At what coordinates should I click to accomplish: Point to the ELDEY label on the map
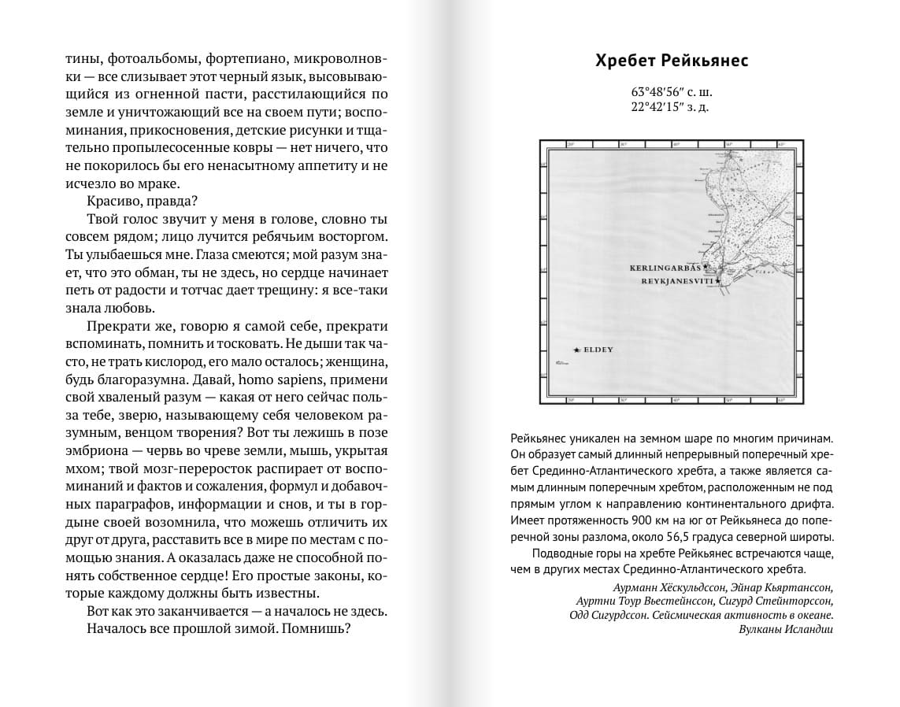(x=599, y=349)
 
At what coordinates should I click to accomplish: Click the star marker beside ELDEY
(x=577, y=349)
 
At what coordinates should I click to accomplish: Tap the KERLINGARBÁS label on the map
(x=665, y=268)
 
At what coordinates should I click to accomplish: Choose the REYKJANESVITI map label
(x=676, y=280)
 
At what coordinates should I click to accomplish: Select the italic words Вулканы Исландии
(x=786, y=629)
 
